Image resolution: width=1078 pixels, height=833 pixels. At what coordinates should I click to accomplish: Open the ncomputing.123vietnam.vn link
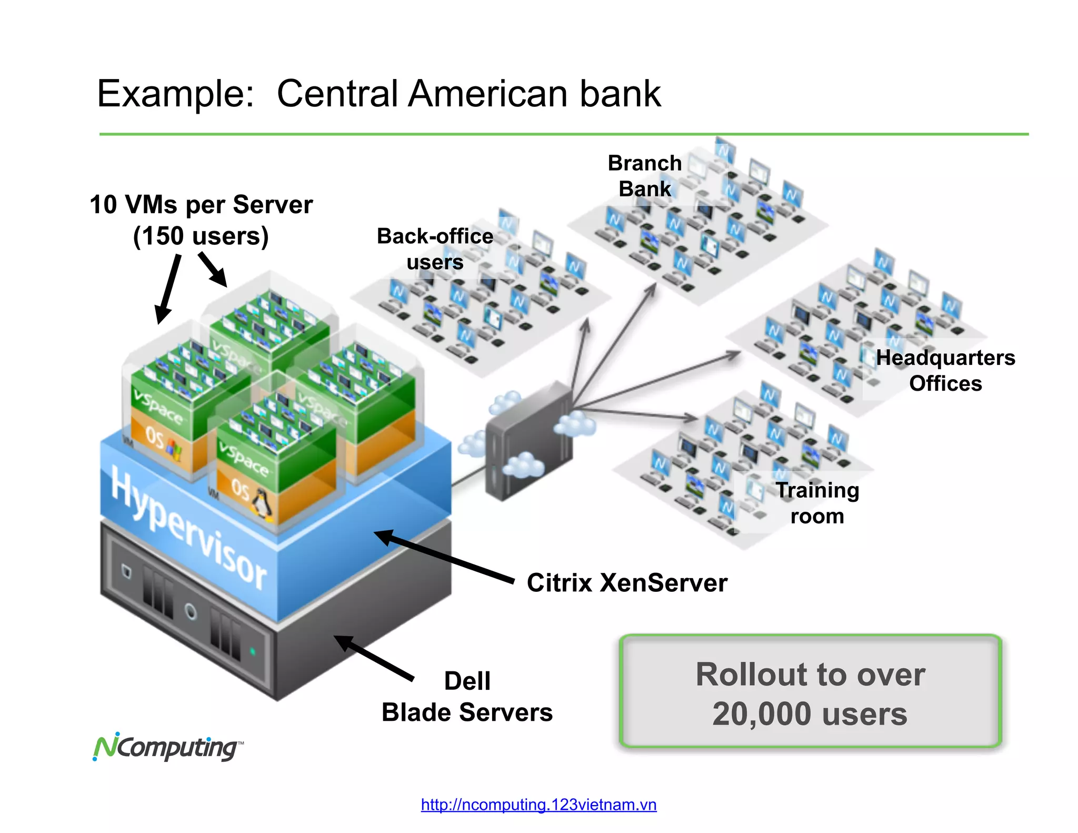pos(538,805)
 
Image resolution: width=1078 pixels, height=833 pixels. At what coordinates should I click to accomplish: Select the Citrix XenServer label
pos(626,583)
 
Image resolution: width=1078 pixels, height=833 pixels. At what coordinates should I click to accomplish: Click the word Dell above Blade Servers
pos(467,681)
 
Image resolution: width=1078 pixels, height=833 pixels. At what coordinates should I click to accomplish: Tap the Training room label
pos(817,503)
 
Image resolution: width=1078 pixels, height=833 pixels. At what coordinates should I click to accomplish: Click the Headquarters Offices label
pos(945,370)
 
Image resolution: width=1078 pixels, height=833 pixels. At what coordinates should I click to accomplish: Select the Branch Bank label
pos(644,176)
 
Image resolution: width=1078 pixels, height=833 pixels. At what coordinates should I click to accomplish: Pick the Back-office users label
pos(435,249)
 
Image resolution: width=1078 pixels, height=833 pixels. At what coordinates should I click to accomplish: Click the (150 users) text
pos(201,235)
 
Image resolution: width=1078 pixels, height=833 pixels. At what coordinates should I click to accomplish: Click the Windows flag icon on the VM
pos(174,449)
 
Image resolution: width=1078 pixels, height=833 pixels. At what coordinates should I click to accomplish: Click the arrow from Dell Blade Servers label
pos(374,658)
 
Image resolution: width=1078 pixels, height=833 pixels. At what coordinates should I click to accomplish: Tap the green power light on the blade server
pos(253,651)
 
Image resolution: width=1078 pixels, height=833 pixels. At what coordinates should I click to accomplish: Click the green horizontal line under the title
pos(563,134)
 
